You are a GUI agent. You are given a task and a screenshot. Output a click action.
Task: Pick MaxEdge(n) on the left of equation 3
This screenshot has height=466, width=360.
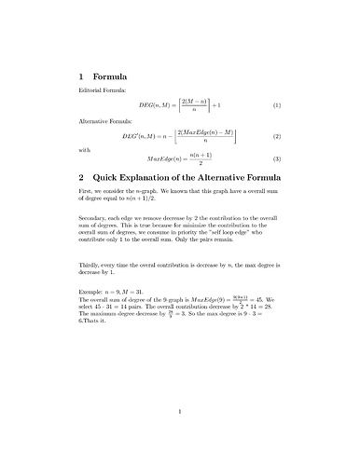pyautogui.click(x=166, y=159)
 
